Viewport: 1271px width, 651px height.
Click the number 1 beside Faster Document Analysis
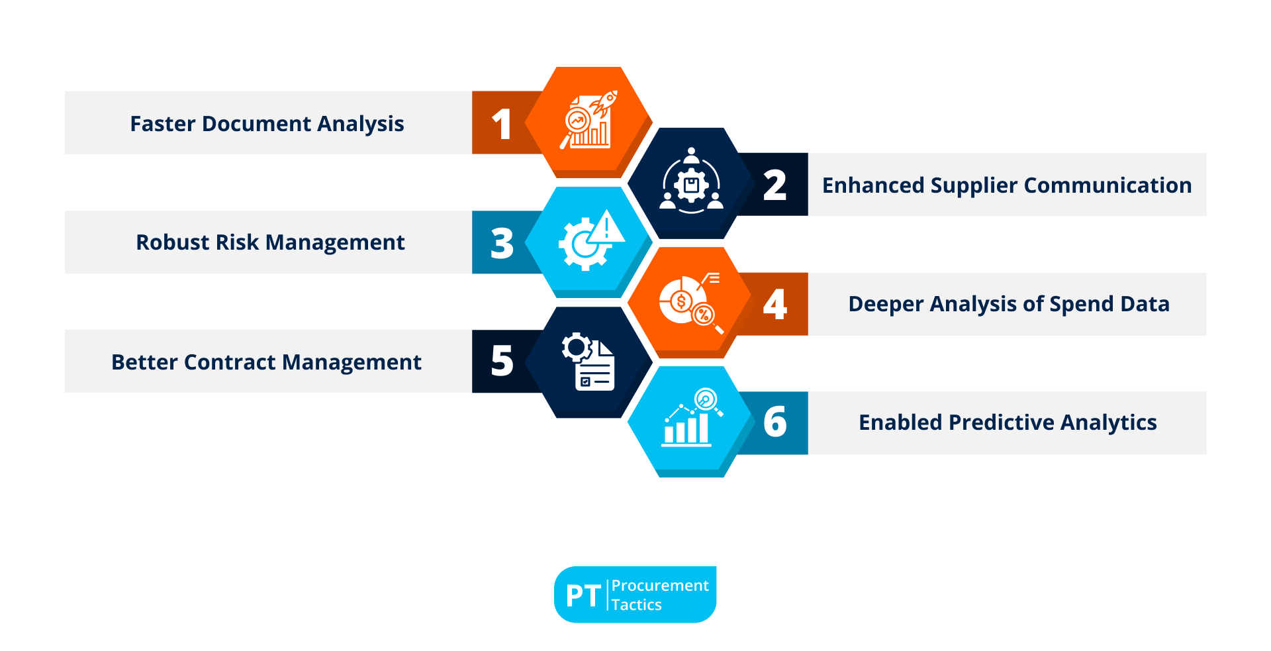pyautogui.click(x=502, y=125)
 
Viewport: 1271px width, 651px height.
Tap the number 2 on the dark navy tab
pyautogui.click(x=775, y=185)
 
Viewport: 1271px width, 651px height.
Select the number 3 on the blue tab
pyautogui.click(x=502, y=243)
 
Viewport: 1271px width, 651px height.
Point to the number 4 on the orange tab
pyautogui.click(x=775, y=305)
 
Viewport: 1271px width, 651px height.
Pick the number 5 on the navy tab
pyautogui.click(x=502, y=362)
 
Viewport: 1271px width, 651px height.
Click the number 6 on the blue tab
pyautogui.click(x=775, y=423)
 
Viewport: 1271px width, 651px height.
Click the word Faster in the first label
pyautogui.click(x=163, y=124)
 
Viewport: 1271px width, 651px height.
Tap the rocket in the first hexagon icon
pyautogui.click(x=604, y=103)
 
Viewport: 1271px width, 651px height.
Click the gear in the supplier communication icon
pyautogui.click(x=692, y=185)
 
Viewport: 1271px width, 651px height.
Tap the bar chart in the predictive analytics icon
pyautogui.click(x=686, y=428)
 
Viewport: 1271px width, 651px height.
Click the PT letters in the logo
pyautogui.click(x=583, y=595)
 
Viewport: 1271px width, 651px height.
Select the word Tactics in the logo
pyautogui.click(x=636, y=605)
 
